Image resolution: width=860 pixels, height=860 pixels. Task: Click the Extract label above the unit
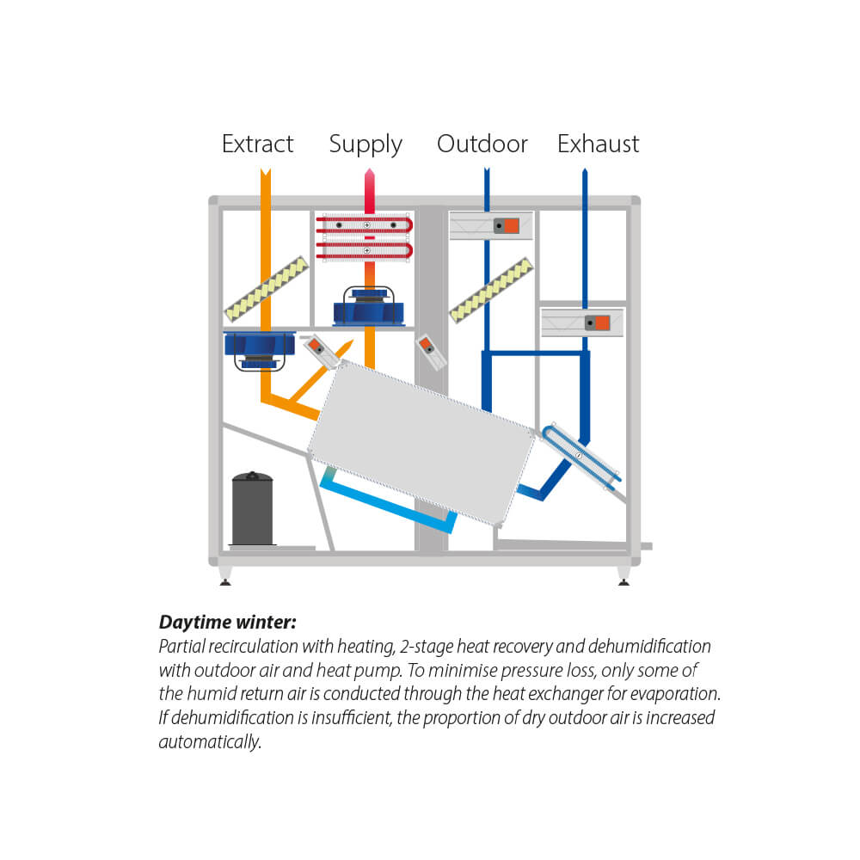257,144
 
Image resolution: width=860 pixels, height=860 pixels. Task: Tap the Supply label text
365,144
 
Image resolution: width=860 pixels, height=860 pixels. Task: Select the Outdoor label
482,144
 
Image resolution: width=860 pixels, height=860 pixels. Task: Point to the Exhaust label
598,144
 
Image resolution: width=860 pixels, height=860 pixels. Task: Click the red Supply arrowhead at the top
368,175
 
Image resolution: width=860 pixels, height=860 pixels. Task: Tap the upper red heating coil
365,225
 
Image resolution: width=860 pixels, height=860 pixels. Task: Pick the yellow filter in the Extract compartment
266,287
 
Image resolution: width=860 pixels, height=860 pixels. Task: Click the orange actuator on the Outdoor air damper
510,226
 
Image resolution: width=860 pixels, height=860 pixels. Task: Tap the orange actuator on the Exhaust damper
601,322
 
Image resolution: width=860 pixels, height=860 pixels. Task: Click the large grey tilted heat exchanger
421,443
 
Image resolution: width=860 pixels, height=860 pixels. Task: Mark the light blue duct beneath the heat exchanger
387,500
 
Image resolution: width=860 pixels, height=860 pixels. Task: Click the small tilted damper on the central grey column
430,352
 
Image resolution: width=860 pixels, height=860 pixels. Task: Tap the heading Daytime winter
227,623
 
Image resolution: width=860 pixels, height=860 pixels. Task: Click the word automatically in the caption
210,741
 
